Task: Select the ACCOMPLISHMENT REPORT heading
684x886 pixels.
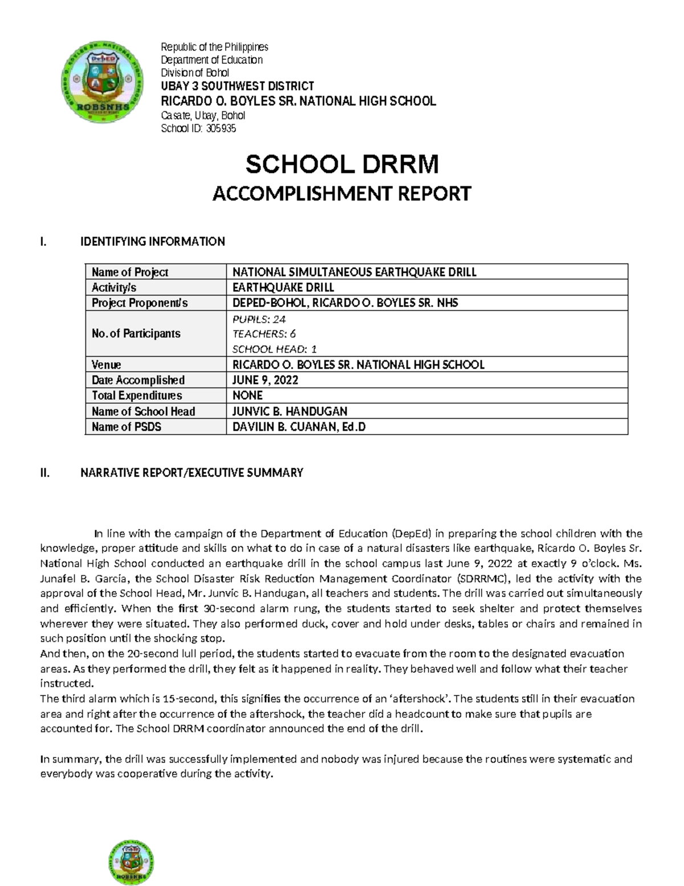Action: (x=342, y=194)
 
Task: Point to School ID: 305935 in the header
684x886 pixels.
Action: (x=198, y=128)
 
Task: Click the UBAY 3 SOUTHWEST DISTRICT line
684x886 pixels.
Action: (x=237, y=86)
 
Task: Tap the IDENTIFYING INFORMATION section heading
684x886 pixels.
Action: (x=152, y=241)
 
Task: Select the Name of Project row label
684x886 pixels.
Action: (x=130, y=272)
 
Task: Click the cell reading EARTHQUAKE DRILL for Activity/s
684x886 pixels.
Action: (x=283, y=288)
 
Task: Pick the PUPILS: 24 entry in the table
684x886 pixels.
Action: (x=259, y=318)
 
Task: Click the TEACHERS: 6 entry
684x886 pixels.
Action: (x=264, y=334)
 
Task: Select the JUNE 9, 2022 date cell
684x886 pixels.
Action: (x=265, y=380)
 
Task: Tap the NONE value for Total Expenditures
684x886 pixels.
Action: (x=247, y=395)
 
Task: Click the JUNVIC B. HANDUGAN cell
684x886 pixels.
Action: (x=290, y=411)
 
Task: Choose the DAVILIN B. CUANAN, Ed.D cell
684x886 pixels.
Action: (x=299, y=426)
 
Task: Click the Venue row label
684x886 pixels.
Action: (x=107, y=365)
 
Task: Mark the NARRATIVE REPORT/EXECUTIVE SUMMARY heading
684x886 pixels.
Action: (x=192, y=472)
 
